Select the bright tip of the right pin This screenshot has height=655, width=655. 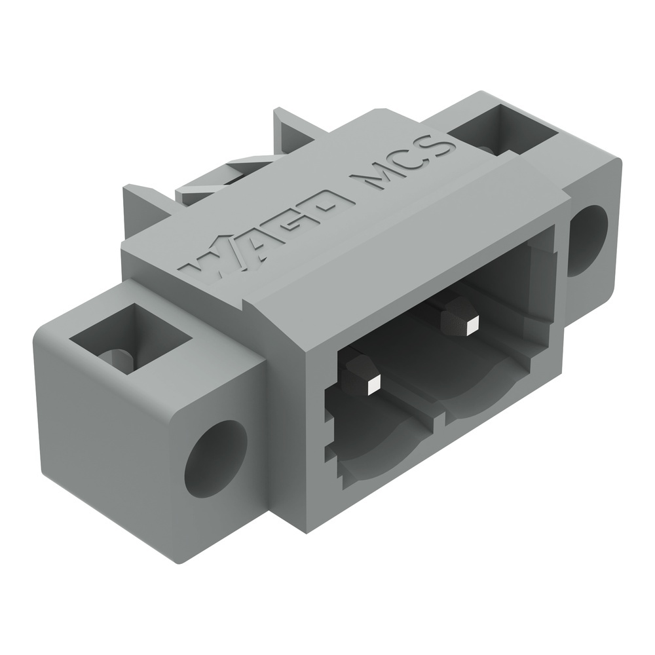tap(472, 322)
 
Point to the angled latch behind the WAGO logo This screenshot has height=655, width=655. tap(210, 183)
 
